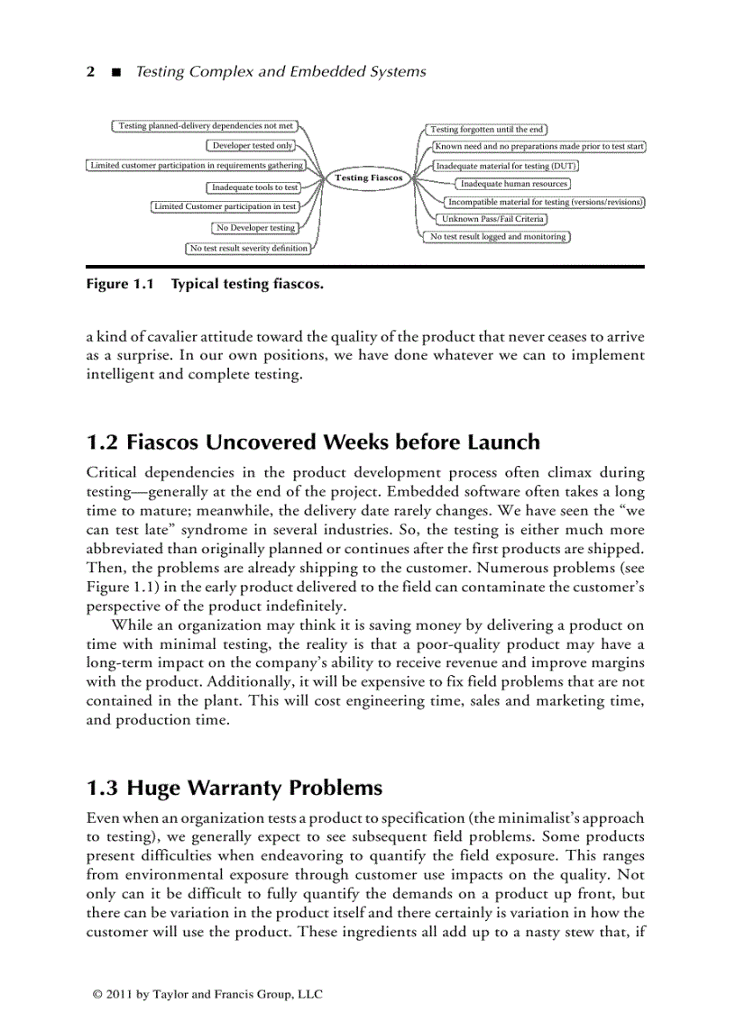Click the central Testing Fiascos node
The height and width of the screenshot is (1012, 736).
pyautogui.click(x=369, y=178)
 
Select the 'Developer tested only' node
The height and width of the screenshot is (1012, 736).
pyautogui.click(x=252, y=145)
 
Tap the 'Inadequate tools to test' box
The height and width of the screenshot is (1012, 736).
pyautogui.click(x=253, y=187)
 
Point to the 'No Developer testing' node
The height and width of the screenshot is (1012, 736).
pyautogui.click(x=255, y=228)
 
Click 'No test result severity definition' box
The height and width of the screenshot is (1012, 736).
pyautogui.click(x=248, y=248)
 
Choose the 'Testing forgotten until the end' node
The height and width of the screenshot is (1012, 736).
pyautogui.click(x=486, y=130)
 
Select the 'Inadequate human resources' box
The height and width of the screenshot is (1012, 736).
pyautogui.click(x=514, y=184)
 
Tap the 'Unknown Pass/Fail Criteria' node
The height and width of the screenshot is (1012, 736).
pyautogui.click(x=492, y=219)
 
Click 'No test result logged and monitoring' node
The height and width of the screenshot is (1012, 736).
pyautogui.click(x=498, y=237)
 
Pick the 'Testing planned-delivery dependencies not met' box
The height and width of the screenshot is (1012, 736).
pyautogui.click(x=207, y=126)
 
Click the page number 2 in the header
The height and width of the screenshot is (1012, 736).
pyautogui.click(x=90, y=72)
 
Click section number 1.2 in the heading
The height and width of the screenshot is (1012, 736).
pyautogui.click(x=102, y=442)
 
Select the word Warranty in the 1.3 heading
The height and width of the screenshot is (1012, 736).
pyautogui.click(x=229, y=789)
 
